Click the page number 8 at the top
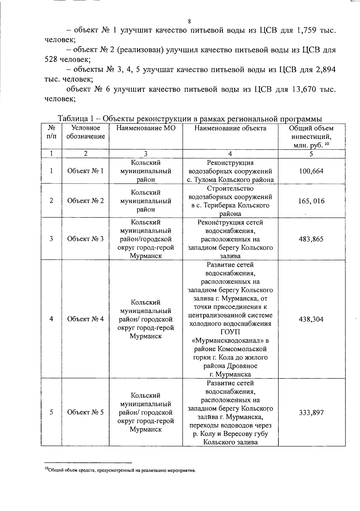[x=189, y=21]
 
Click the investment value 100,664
[x=311, y=171]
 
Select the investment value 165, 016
[x=311, y=201]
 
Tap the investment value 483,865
[x=311, y=239]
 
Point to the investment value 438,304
[x=311, y=319]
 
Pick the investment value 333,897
[x=311, y=413]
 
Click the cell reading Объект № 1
[x=85, y=171]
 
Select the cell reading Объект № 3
[x=85, y=239]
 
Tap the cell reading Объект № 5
[x=85, y=412]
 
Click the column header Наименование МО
[x=146, y=128]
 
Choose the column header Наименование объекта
[x=230, y=128]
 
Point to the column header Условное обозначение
[x=85, y=132]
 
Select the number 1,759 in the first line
[x=307, y=30]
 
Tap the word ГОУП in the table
[x=230, y=332]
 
